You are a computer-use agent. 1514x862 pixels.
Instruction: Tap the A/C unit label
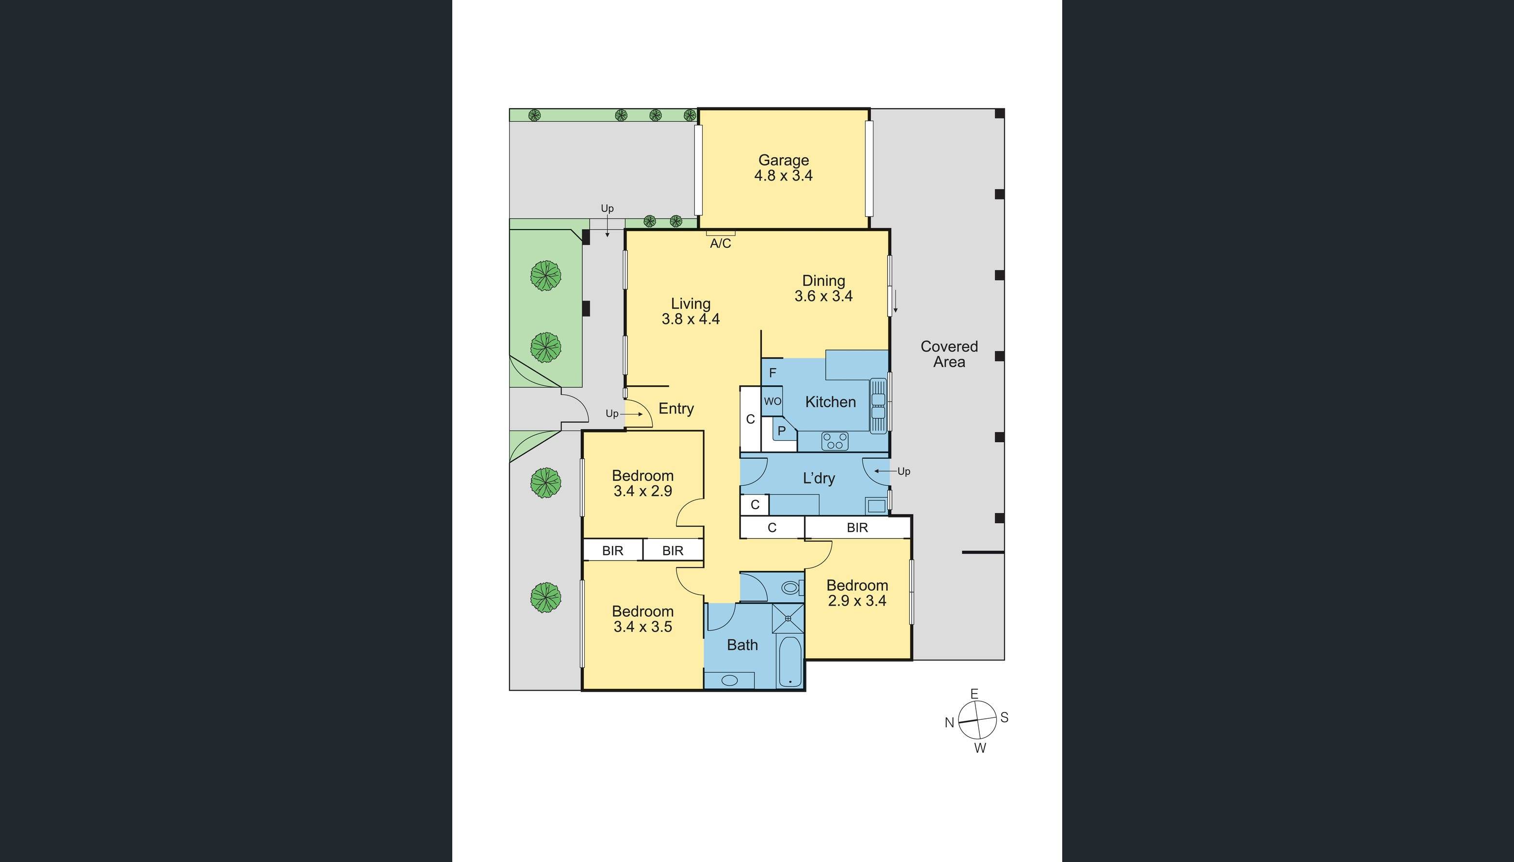click(720, 243)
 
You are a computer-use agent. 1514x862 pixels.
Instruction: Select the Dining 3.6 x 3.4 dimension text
click(823, 296)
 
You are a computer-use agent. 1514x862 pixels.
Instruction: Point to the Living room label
click(690, 304)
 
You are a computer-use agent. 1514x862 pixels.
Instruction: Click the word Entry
click(676, 409)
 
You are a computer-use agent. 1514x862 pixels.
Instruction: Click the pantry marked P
click(781, 431)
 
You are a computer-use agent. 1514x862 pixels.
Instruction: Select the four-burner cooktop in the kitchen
click(835, 442)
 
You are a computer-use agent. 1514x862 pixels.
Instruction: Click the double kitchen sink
click(878, 405)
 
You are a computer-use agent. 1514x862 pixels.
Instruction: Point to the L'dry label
click(819, 479)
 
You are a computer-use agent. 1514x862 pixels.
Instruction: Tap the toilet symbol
click(790, 588)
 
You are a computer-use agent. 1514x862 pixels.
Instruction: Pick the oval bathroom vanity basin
click(730, 680)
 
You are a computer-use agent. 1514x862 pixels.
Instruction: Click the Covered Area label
click(949, 354)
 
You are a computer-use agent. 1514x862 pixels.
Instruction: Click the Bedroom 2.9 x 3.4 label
click(857, 593)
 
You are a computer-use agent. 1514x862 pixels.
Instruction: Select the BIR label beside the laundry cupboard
click(857, 528)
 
